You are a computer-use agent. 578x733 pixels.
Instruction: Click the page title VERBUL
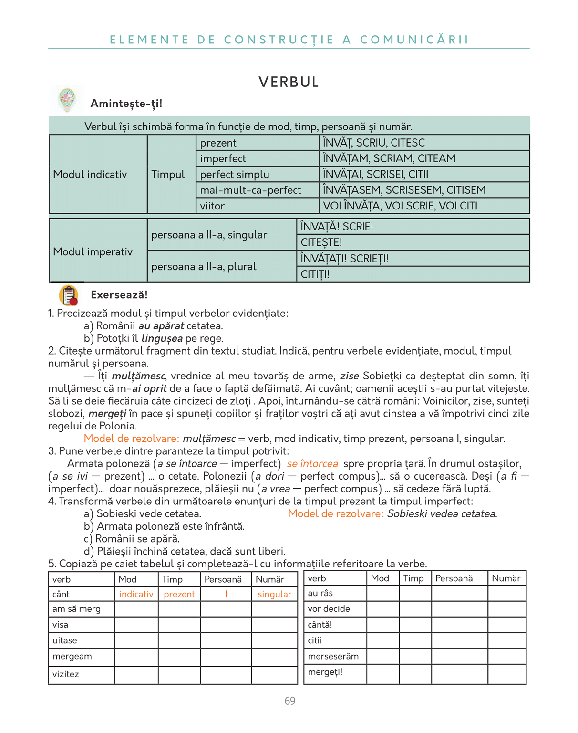tap(289, 82)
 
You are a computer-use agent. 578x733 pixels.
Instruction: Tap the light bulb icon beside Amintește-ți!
tap(67, 100)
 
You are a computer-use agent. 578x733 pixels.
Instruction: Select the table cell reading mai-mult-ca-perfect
tap(250, 190)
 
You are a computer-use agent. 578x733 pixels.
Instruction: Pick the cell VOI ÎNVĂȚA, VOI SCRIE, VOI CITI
tap(400, 206)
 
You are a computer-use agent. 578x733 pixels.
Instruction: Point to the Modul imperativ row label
tap(93, 251)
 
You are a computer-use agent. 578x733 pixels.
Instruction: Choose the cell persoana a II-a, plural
tap(204, 266)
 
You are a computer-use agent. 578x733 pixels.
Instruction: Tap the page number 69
tap(289, 701)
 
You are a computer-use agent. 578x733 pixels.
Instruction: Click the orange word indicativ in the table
tap(136, 594)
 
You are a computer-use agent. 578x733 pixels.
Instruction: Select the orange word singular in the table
tap(274, 594)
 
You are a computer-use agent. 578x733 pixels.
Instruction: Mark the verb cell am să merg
tap(77, 609)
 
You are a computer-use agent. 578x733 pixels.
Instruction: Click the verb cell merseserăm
tap(333, 656)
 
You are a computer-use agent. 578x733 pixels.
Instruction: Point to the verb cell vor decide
tap(329, 609)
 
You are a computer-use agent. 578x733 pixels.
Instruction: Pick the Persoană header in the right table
tap(454, 578)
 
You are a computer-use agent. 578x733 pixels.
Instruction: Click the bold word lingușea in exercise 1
tap(162, 338)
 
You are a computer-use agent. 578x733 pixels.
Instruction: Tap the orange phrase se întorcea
tap(312, 463)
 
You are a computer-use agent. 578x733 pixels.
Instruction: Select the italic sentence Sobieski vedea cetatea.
tap(442, 513)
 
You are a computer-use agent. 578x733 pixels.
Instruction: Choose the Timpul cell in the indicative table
tap(168, 174)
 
